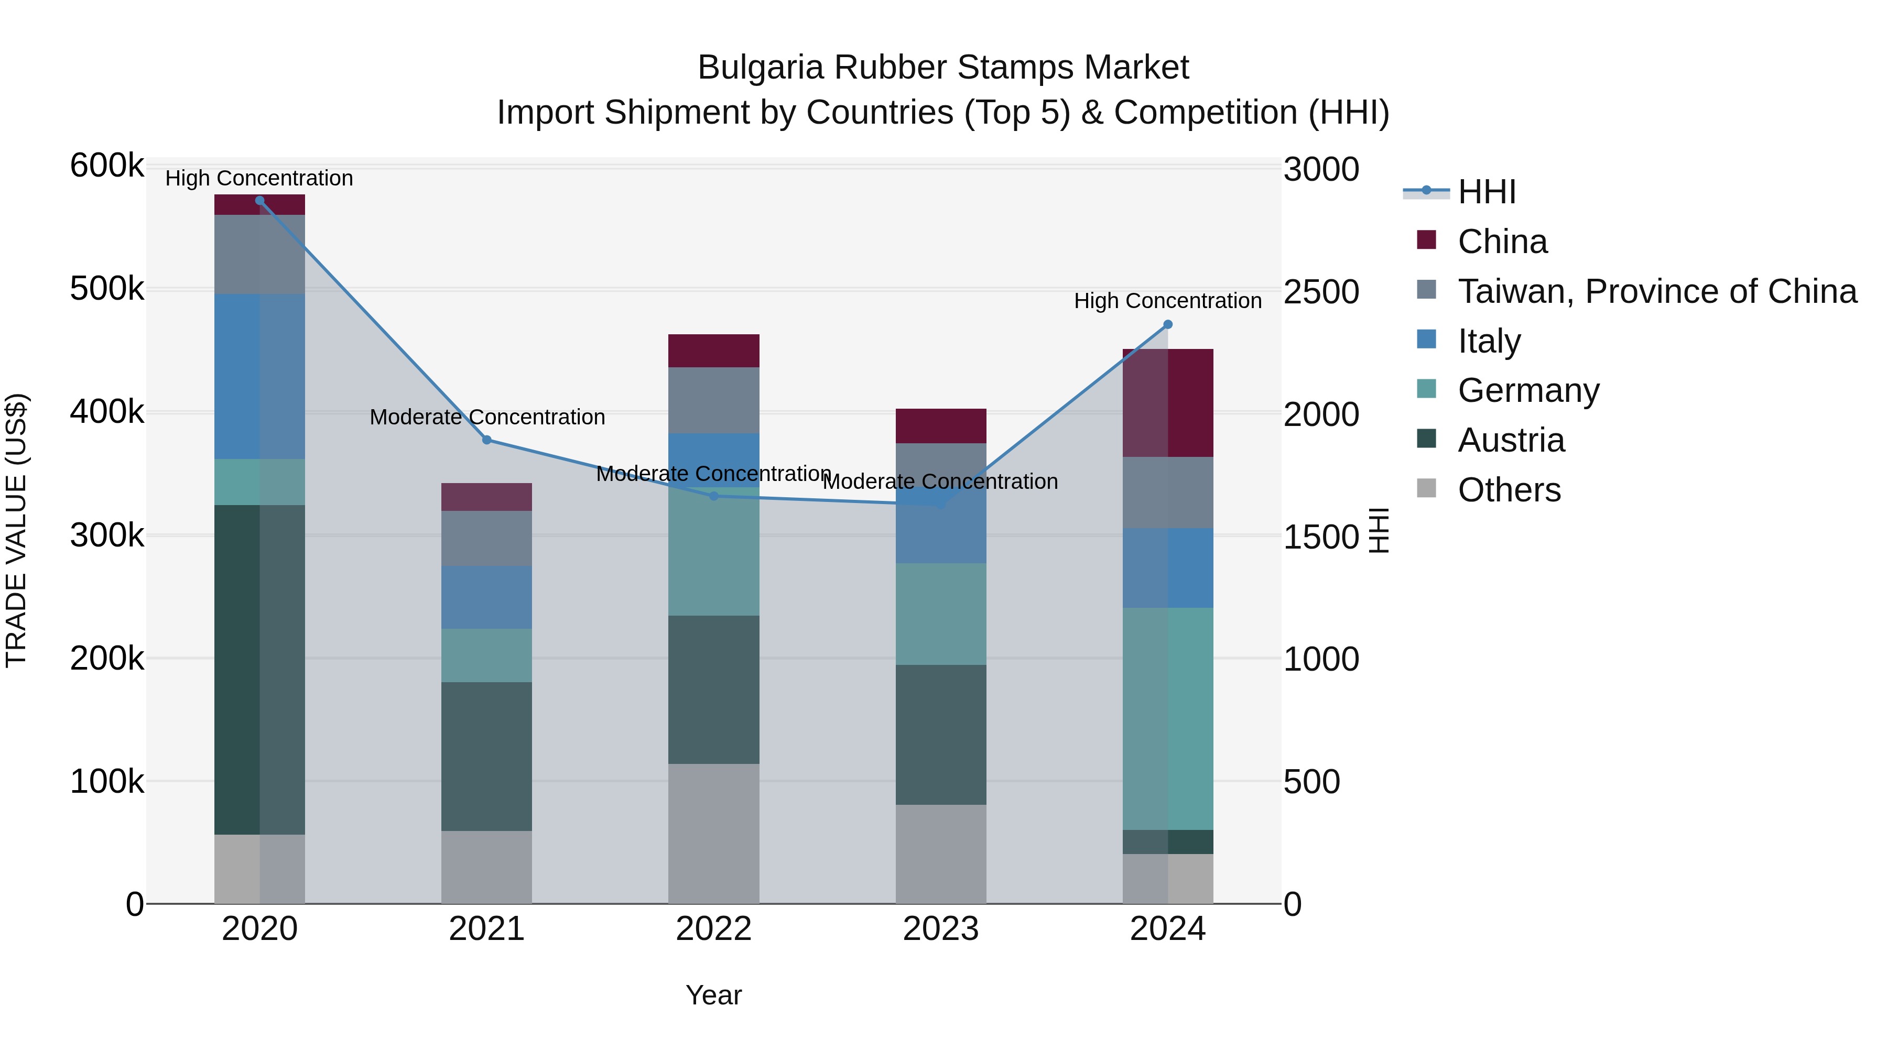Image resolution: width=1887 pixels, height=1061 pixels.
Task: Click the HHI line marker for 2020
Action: [x=259, y=201]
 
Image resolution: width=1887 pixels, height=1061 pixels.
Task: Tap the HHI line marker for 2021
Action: [x=486, y=440]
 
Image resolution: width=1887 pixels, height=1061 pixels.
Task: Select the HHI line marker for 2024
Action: [x=1168, y=324]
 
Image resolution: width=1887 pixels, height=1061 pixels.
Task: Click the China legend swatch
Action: [x=1426, y=240]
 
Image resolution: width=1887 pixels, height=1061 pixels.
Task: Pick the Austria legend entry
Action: [x=1511, y=440]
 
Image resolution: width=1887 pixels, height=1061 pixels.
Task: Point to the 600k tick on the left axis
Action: [x=106, y=166]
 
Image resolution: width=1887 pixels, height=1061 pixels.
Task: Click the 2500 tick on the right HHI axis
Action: [x=1321, y=291]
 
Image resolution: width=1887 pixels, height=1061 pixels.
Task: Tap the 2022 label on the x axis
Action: [x=713, y=929]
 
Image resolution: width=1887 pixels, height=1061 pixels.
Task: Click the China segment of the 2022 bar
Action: [x=713, y=351]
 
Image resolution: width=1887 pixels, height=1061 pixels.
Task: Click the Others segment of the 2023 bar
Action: [x=940, y=854]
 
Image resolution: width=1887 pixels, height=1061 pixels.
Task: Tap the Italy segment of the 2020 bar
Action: [x=259, y=376]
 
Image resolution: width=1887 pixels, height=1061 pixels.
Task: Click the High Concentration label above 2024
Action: [x=1168, y=301]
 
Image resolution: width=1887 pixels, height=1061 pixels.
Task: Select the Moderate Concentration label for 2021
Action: [x=487, y=418]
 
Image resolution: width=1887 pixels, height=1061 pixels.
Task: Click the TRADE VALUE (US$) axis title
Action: [x=16, y=530]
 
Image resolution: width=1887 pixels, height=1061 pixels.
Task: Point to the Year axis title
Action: [x=713, y=995]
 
